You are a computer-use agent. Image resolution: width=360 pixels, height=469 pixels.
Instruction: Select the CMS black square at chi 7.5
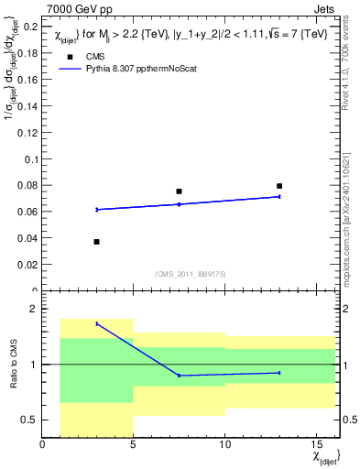(x=179, y=191)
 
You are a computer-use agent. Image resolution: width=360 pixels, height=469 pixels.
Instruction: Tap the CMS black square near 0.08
(x=279, y=186)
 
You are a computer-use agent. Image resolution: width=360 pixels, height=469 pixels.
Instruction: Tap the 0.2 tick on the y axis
(x=30, y=27)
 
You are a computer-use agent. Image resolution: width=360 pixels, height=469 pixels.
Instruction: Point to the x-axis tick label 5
(x=134, y=445)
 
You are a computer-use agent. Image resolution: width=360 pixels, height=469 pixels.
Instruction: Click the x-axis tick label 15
(x=315, y=445)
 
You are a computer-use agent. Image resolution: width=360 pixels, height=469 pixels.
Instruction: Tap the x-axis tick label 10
(x=224, y=445)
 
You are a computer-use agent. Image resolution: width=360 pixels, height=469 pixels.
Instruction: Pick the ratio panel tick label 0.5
(x=30, y=420)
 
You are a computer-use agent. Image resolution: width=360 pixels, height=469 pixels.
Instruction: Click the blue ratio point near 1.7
(x=97, y=323)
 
